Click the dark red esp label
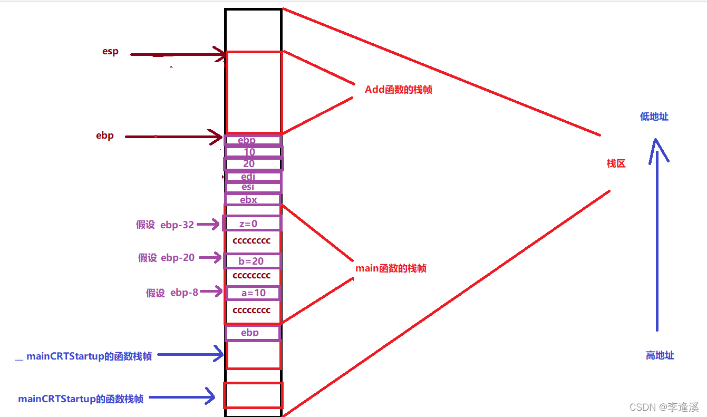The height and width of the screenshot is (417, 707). click(110, 52)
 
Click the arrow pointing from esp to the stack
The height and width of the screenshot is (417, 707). click(177, 54)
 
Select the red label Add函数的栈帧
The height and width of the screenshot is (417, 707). click(398, 90)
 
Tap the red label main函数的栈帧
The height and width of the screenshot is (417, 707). click(391, 268)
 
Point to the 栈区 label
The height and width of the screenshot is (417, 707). click(616, 163)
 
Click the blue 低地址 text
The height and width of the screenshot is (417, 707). click(654, 117)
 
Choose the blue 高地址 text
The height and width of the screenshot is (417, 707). click(660, 355)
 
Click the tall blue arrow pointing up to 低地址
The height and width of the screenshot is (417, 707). click(657, 237)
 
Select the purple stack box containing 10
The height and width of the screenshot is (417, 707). click(253, 152)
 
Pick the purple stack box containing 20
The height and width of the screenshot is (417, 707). click(253, 164)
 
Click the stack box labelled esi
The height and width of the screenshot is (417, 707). click(253, 188)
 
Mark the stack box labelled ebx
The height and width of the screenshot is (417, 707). click(253, 200)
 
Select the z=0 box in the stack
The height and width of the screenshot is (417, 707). click(252, 224)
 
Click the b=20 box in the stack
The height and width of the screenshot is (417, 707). click(252, 261)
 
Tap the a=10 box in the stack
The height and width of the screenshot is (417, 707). click(253, 293)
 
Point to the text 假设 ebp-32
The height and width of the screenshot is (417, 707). click(164, 225)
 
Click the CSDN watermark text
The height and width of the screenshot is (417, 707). click(664, 407)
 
